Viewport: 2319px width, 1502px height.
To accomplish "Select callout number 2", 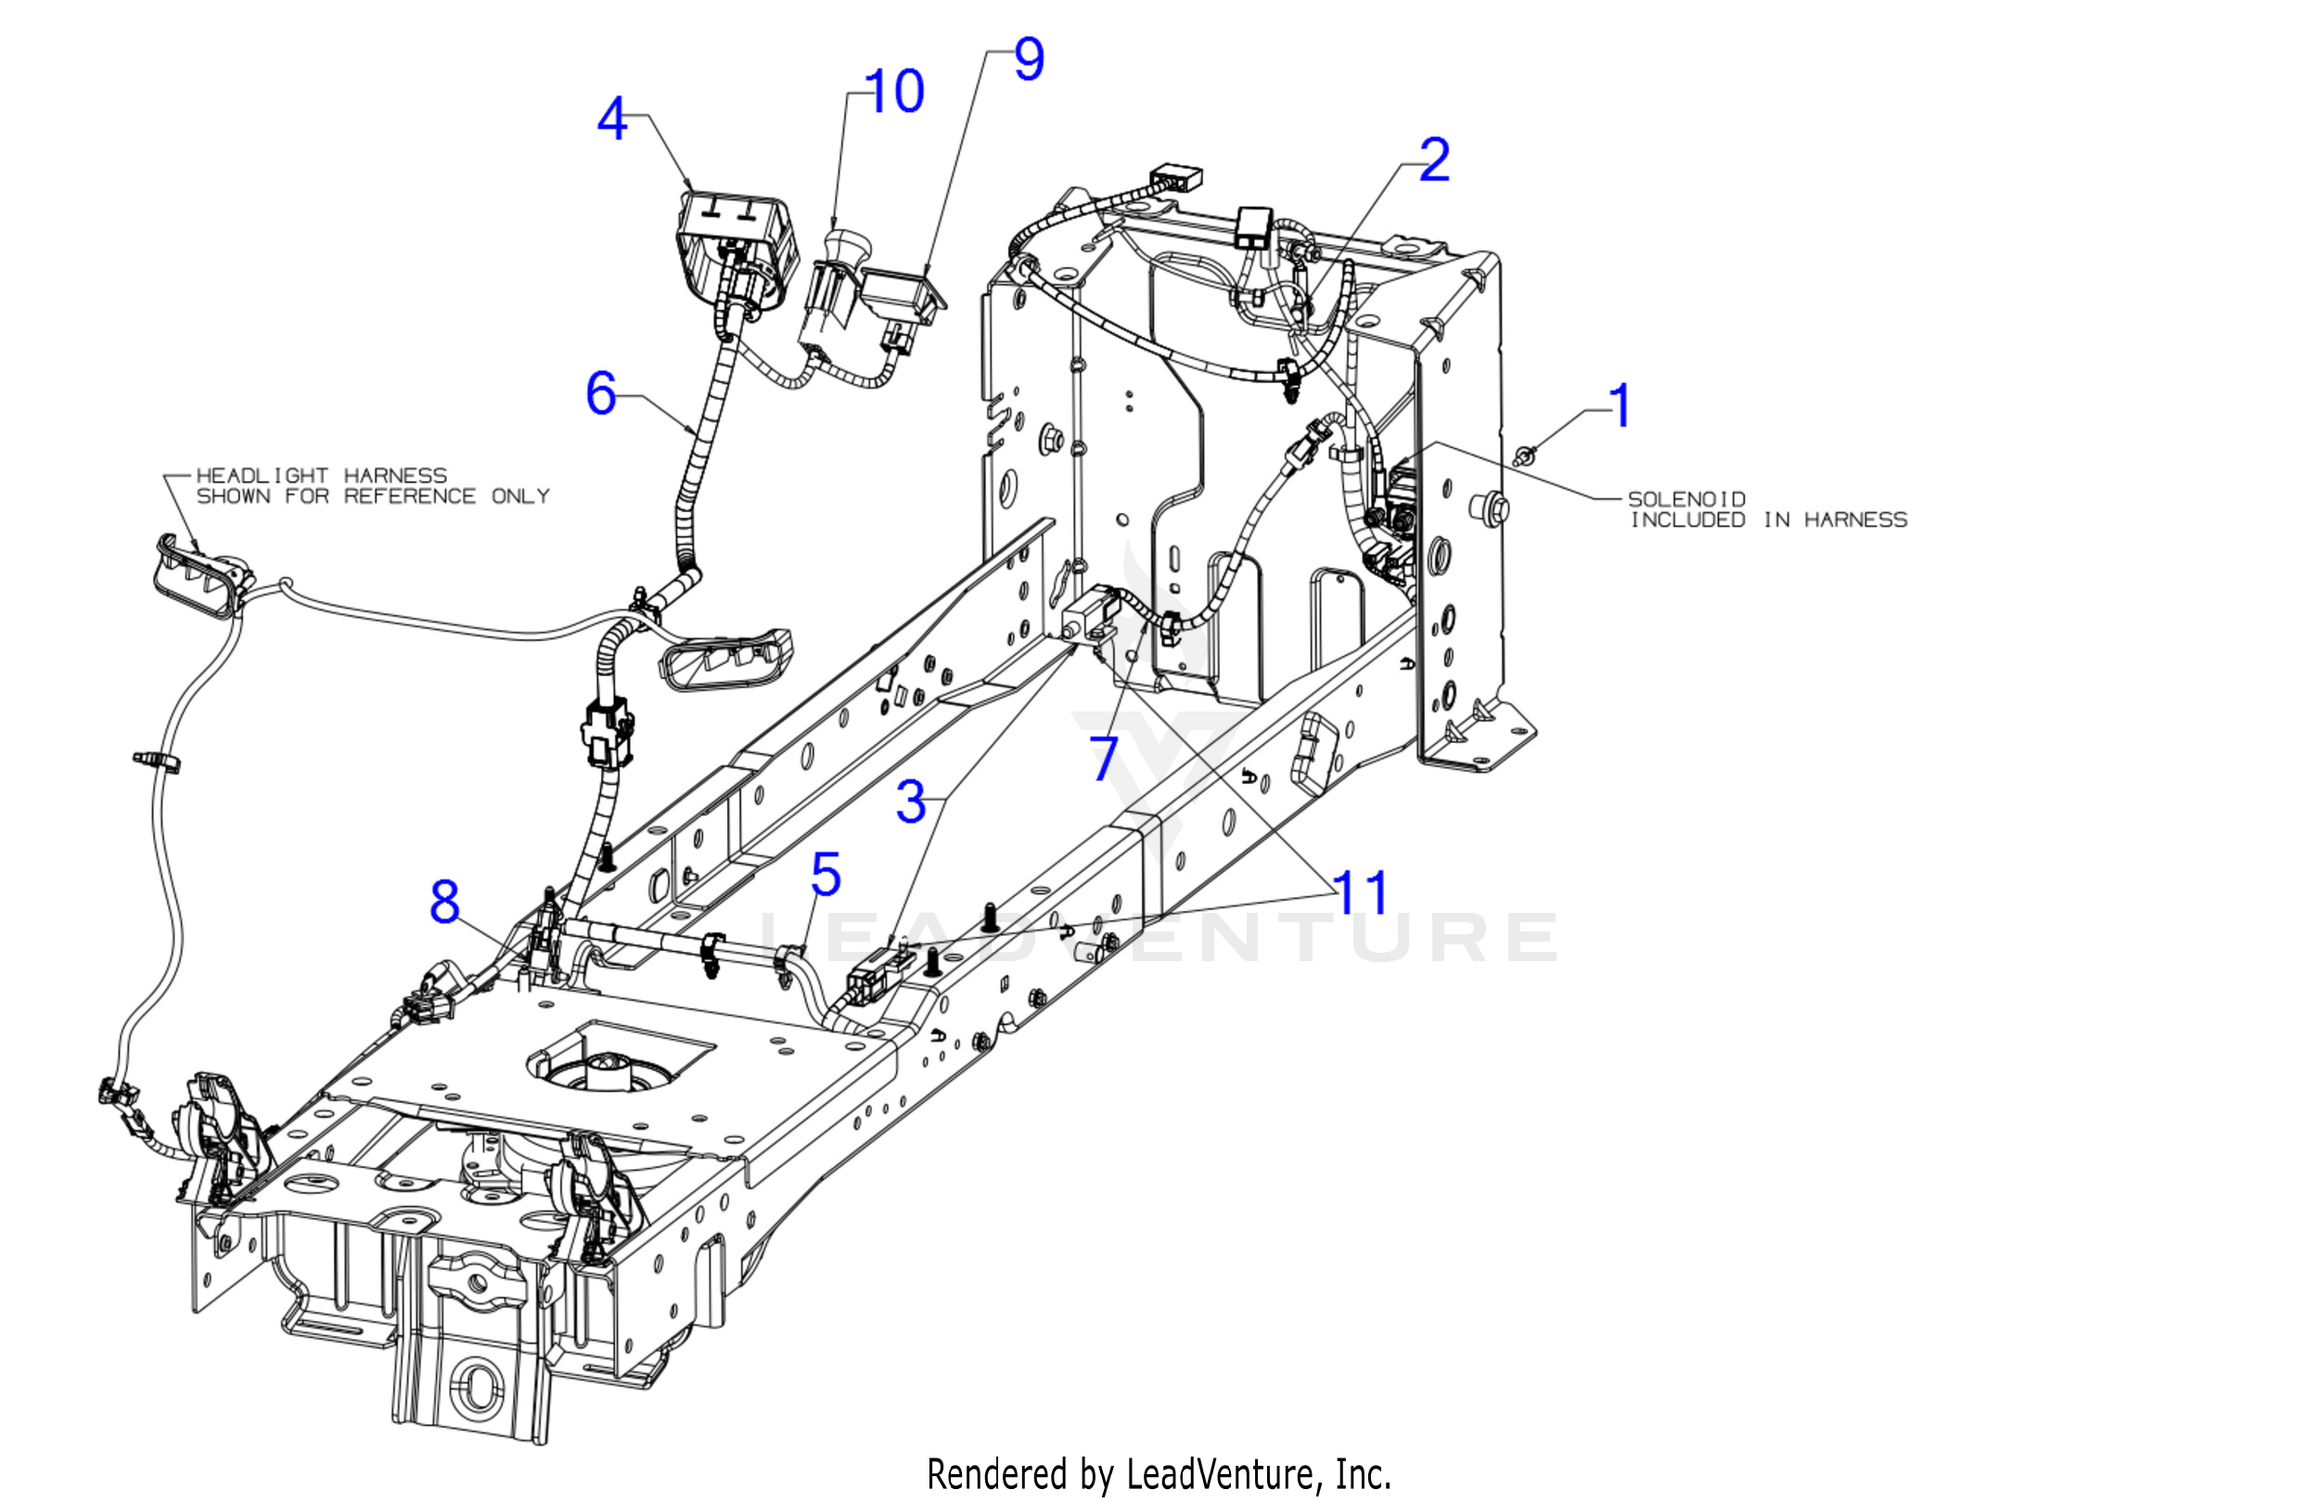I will point(1434,160).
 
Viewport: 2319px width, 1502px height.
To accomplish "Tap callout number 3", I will point(911,802).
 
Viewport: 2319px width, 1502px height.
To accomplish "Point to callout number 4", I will point(612,120).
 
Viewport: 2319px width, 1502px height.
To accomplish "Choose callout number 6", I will point(601,392).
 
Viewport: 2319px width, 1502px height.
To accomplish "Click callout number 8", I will point(444,902).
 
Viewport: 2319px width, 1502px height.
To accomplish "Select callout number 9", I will point(1029,59).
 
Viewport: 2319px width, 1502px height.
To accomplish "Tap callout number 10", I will point(893,92).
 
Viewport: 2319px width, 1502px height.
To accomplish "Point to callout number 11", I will point(1360,892).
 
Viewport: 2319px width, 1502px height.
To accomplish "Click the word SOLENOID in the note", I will point(1685,499).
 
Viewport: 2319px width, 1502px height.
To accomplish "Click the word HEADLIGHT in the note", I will point(263,476).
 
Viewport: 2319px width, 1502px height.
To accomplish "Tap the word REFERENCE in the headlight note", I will point(409,496).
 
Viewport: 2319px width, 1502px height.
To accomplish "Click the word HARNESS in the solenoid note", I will point(1855,520).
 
